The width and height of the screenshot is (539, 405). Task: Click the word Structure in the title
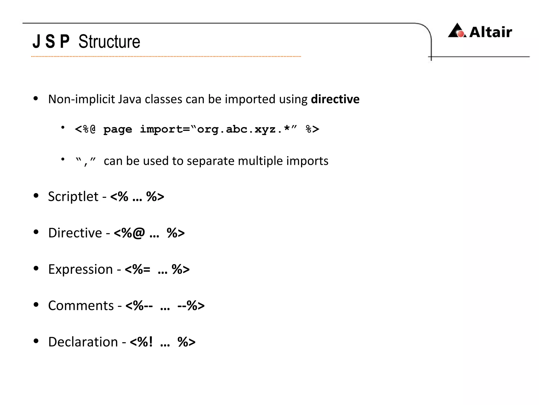click(x=109, y=42)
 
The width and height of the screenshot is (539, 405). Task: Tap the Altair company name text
click(x=491, y=32)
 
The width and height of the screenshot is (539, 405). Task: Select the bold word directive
click(x=335, y=99)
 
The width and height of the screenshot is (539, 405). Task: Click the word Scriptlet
click(x=73, y=197)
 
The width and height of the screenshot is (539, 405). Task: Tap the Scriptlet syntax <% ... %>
click(x=137, y=197)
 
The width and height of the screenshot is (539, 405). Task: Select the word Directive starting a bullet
click(x=75, y=233)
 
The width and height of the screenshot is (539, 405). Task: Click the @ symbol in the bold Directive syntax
click(x=138, y=233)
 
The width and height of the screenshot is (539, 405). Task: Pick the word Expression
click(x=80, y=269)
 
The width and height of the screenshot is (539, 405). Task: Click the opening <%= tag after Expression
click(x=137, y=269)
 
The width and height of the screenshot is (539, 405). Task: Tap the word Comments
click(x=81, y=306)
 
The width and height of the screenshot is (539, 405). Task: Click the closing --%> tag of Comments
click(x=191, y=306)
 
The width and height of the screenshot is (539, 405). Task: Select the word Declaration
click(x=83, y=342)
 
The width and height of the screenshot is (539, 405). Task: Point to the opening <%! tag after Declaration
click(x=141, y=342)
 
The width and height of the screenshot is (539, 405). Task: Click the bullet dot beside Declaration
click(x=36, y=341)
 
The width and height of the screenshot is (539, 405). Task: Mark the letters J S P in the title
click(x=51, y=42)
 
